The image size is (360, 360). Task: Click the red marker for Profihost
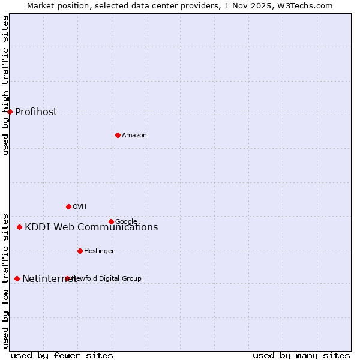10,112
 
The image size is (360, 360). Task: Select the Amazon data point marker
118,135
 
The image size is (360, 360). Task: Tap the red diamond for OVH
68,206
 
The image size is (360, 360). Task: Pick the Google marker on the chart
111,221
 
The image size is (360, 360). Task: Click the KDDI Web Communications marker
19,227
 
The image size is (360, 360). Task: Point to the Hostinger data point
80,251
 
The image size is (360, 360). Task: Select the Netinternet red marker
17,278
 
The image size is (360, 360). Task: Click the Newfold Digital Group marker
67,278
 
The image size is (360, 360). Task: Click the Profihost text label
36,112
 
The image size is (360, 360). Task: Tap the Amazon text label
134,135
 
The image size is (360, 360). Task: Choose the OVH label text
80,206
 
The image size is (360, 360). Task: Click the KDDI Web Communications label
91,227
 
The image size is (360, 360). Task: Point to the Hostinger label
99,251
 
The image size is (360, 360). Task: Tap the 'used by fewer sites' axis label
62,355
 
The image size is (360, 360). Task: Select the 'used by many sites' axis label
301,355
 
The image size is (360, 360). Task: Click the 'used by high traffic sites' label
5,85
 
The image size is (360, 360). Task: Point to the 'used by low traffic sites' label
5,280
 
